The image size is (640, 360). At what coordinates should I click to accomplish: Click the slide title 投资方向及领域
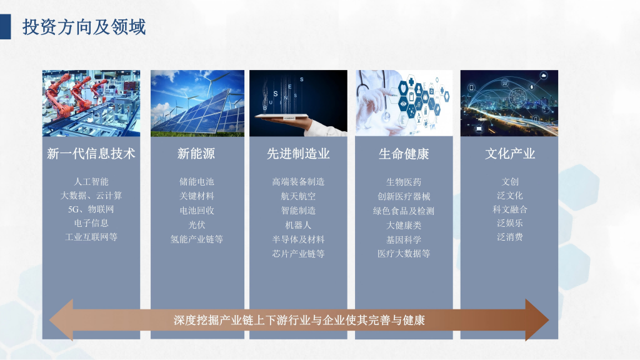click(x=84, y=27)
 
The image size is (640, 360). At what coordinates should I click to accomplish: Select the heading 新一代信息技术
click(x=91, y=154)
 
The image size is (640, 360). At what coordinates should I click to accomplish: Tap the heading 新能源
click(x=196, y=154)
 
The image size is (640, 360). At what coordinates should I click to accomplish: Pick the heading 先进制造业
click(x=298, y=154)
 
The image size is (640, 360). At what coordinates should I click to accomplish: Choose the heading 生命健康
click(x=404, y=154)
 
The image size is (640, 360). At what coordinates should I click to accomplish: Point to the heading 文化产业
click(x=510, y=154)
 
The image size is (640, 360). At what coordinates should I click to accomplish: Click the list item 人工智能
click(x=91, y=182)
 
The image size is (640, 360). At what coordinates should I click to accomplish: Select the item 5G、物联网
click(x=91, y=209)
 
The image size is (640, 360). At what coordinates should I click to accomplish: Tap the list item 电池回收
click(x=197, y=210)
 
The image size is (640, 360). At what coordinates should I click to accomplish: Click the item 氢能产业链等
click(x=197, y=239)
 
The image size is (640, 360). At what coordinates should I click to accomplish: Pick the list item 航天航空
click(x=298, y=196)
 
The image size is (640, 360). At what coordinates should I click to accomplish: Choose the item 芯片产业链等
click(x=298, y=254)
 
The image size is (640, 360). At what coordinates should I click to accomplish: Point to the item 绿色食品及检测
click(x=404, y=211)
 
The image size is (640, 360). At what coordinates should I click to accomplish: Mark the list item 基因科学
click(x=404, y=239)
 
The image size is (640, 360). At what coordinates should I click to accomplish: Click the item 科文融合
click(x=510, y=209)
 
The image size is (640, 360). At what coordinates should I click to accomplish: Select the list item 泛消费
click(x=510, y=237)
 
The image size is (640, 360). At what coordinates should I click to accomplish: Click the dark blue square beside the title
click(x=5, y=27)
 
